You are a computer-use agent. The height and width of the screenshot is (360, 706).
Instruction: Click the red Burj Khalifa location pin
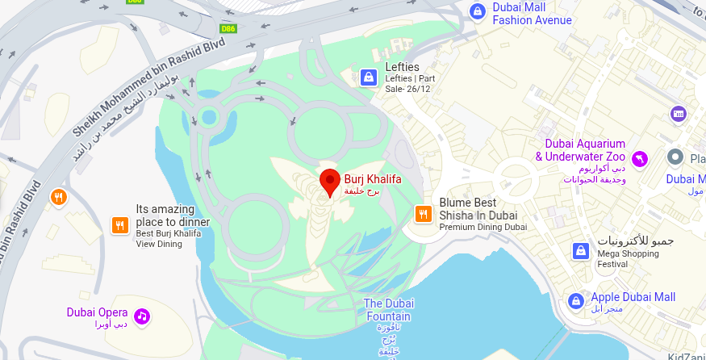click(329, 182)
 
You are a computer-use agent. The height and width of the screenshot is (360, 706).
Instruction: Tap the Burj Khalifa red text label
click(372, 179)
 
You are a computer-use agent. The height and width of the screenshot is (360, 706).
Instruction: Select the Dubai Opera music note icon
click(142, 316)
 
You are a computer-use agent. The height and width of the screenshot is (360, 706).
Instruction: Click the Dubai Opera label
click(97, 312)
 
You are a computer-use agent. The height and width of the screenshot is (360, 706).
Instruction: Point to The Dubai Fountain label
click(388, 310)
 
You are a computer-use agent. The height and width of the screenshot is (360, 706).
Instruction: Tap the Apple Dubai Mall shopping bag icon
click(575, 301)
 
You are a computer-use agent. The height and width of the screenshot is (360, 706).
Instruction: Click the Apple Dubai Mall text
click(633, 297)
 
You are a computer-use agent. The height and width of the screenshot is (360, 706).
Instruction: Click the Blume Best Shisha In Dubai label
click(478, 210)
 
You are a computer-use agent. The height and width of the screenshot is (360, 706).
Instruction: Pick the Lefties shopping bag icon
click(368, 77)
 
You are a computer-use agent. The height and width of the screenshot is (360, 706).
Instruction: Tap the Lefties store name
click(403, 67)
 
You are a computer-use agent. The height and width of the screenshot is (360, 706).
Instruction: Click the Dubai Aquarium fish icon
click(640, 158)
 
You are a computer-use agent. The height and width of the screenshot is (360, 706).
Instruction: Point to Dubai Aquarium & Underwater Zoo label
click(580, 150)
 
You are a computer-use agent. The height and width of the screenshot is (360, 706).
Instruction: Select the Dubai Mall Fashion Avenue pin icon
click(476, 11)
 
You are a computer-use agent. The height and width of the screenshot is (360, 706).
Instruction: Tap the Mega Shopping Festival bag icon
click(579, 251)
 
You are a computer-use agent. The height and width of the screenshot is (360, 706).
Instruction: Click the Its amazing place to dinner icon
click(119, 225)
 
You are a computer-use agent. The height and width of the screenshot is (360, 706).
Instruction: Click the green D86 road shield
click(228, 28)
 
